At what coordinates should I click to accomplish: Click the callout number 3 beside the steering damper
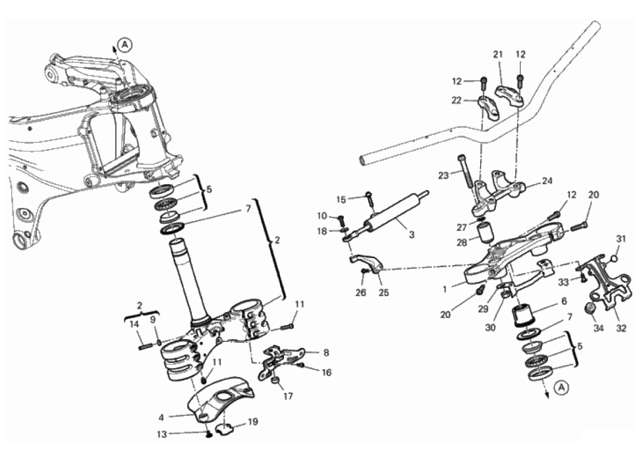click(412, 234)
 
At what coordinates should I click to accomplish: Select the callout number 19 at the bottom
click(253, 422)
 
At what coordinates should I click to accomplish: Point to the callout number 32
click(621, 328)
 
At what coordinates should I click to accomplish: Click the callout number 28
click(462, 242)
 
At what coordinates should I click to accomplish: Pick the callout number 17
click(288, 396)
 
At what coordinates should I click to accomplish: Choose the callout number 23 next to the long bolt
click(443, 176)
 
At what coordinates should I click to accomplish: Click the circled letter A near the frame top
click(125, 45)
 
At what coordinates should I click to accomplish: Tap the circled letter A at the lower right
click(563, 387)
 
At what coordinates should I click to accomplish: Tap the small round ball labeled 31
click(614, 258)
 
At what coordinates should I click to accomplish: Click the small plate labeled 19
click(224, 430)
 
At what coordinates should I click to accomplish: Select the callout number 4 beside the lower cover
click(161, 417)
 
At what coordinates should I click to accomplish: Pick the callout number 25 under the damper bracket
click(383, 292)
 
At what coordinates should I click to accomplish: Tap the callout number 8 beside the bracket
click(326, 352)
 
